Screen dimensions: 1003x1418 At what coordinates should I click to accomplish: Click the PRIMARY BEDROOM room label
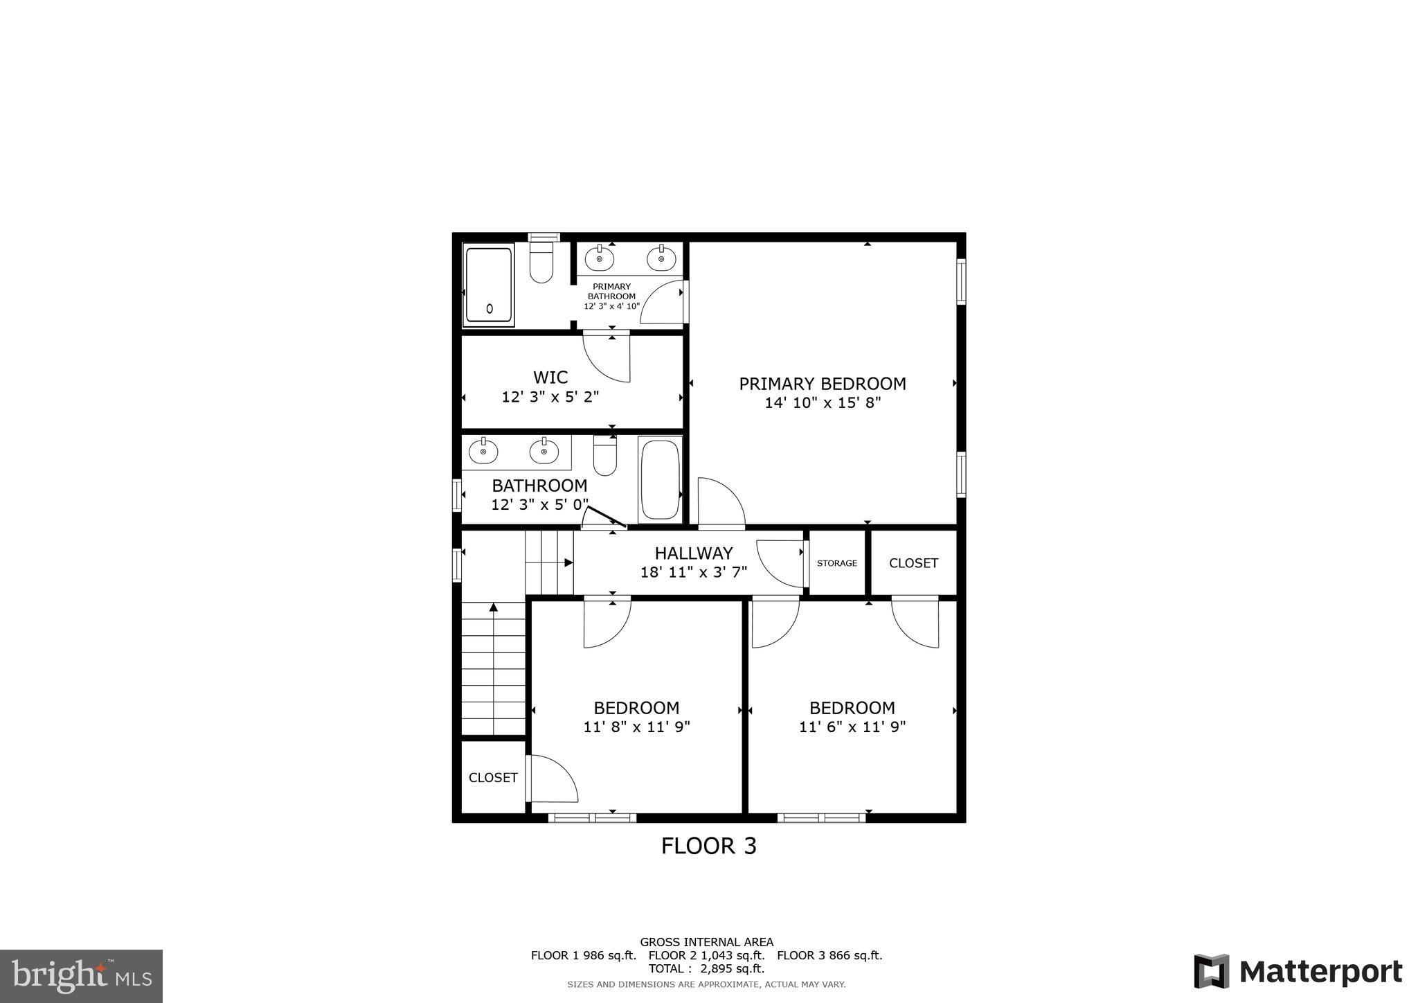[822, 384]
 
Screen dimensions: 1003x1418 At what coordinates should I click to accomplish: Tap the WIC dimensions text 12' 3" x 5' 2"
[550, 398]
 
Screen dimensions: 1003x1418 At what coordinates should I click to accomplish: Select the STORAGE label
[836, 563]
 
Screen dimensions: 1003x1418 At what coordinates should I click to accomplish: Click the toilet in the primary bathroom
[541, 265]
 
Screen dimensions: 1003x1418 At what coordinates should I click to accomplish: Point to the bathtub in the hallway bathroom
[659, 479]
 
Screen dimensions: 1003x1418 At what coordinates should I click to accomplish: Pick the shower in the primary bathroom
[489, 285]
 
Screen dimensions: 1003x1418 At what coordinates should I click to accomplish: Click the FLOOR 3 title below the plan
[708, 846]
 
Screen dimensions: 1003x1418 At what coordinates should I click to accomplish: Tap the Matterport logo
[1298, 972]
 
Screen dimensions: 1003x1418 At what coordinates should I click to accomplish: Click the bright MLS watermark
[81, 977]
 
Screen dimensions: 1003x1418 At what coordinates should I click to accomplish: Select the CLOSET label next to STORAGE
[913, 563]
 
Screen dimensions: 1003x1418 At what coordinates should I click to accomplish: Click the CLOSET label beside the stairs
[493, 778]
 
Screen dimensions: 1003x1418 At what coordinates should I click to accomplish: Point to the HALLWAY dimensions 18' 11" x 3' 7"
[693, 573]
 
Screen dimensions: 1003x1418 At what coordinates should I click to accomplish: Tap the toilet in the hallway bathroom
[604, 458]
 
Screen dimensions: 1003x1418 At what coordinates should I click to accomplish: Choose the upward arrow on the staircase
[494, 607]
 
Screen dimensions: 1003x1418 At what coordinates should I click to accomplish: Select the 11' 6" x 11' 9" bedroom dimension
[852, 727]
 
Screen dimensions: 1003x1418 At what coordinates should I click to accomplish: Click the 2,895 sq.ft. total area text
[733, 968]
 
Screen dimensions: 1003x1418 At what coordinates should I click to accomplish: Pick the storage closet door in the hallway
[779, 562]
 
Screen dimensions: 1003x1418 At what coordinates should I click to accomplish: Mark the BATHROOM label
[539, 486]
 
